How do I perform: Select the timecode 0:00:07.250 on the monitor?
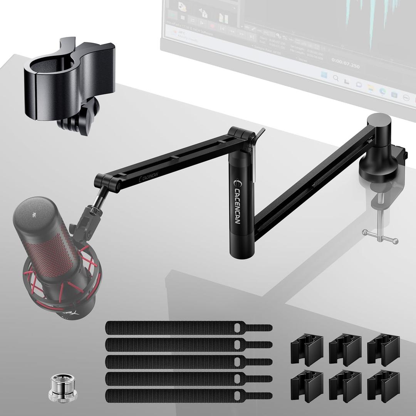[x=345, y=66]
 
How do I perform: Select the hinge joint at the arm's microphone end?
[x=108, y=181]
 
